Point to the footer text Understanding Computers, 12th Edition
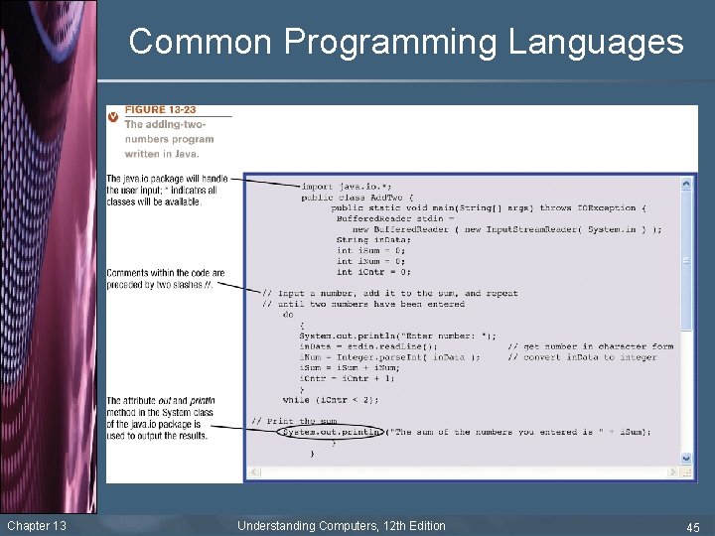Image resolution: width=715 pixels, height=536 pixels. click(x=342, y=526)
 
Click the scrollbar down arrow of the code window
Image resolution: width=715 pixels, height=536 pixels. click(x=687, y=460)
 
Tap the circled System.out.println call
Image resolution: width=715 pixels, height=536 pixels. click(x=332, y=432)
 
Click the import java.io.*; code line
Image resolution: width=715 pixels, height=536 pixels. click(x=347, y=186)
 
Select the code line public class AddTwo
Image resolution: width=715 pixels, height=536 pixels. click(x=357, y=197)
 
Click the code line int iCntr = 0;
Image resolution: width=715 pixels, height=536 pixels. click(x=373, y=271)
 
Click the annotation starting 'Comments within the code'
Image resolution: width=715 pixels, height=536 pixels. click(x=165, y=278)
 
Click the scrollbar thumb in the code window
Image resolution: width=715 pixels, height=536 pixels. click(x=687, y=258)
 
